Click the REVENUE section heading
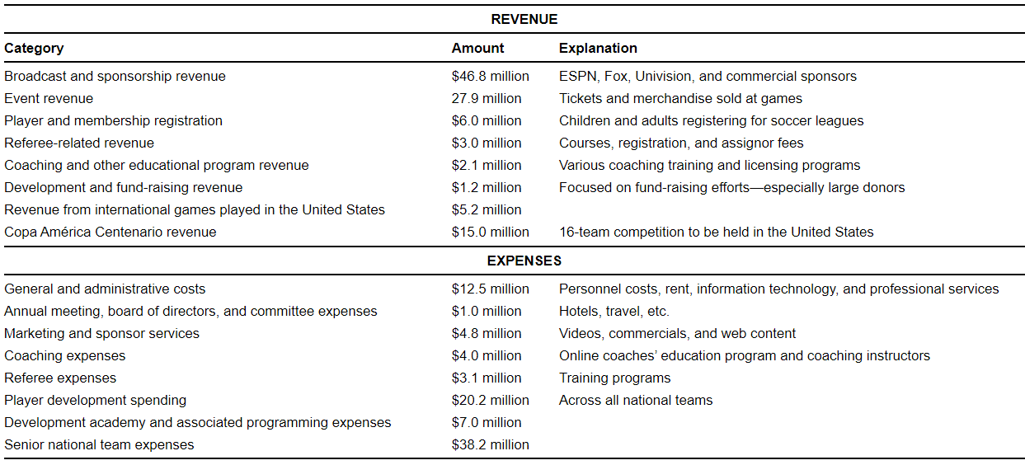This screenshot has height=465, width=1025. click(x=524, y=19)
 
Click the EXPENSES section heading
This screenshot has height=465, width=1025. click(x=524, y=261)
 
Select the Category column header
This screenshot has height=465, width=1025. click(x=34, y=48)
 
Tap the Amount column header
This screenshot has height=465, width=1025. click(x=477, y=48)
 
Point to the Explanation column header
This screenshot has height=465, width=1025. click(x=598, y=48)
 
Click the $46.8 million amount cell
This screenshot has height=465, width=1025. click(x=490, y=76)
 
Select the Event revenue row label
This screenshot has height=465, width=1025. click(x=49, y=98)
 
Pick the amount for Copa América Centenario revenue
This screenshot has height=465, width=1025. click(x=490, y=232)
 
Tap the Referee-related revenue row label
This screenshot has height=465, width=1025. click(x=79, y=143)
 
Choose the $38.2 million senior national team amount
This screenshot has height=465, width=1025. click(x=490, y=444)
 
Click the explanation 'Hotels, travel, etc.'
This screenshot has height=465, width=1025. click(x=614, y=311)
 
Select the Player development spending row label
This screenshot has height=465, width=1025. click(x=95, y=400)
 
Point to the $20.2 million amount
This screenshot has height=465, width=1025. click(x=490, y=400)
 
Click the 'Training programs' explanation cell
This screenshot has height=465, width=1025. click(x=614, y=378)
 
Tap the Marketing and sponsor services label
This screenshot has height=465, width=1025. click(x=101, y=333)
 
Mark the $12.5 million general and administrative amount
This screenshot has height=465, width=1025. click(x=490, y=289)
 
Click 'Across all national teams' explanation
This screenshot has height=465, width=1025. click(x=635, y=400)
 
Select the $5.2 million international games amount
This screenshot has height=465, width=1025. click(x=487, y=209)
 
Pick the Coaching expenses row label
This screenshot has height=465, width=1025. click(x=65, y=355)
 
